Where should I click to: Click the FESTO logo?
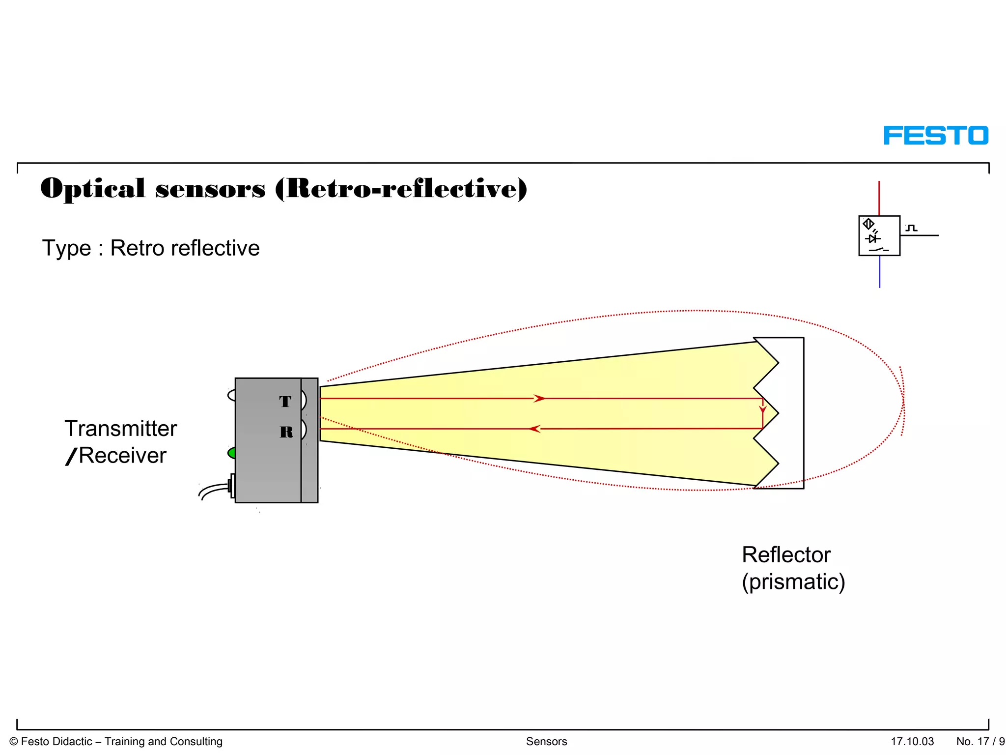[x=936, y=136]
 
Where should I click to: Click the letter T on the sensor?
[x=285, y=402]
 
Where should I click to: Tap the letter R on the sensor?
[x=286, y=432]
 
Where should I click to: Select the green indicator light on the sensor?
[x=231, y=453]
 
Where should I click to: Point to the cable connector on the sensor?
[x=231, y=486]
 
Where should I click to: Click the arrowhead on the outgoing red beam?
[x=539, y=398]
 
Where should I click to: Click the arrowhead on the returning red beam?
[x=535, y=429]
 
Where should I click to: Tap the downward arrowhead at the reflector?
[x=762, y=409]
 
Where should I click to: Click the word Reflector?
[x=786, y=555]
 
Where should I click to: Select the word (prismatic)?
[x=793, y=582]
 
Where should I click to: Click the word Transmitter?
[x=121, y=429]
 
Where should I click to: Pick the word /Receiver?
[x=116, y=456]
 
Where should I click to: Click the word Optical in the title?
[x=93, y=189]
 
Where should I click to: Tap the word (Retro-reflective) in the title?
[x=401, y=189]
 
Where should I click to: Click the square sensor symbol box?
[x=879, y=235]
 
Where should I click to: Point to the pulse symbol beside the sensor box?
[x=912, y=228]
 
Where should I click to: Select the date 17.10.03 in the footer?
[x=912, y=741]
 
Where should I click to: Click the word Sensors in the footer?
[x=546, y=741]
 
